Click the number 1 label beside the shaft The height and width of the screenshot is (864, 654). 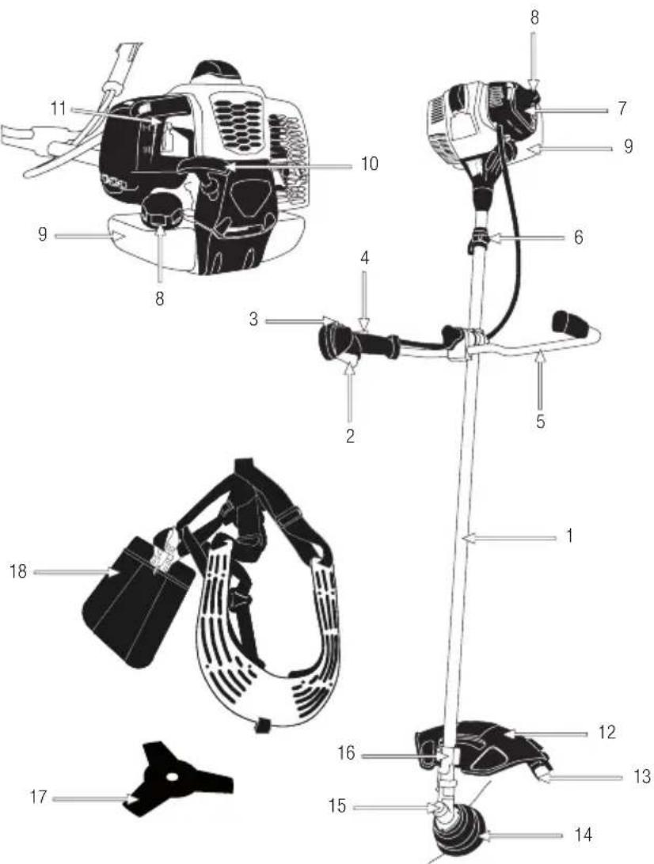568,536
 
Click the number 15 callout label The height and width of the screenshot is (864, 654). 337,808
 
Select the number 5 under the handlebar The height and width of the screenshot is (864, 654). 540,421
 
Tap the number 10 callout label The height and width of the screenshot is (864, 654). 369,164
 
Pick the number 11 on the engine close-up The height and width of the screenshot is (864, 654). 59,108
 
